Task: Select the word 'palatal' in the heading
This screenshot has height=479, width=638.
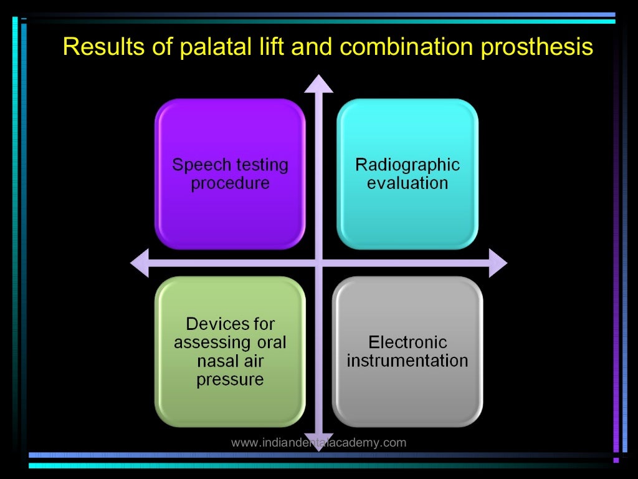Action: (x=198, y=47)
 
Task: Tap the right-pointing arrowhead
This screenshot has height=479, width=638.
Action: (x=498, y=263)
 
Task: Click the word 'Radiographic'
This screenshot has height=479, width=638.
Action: (x=407, y=165)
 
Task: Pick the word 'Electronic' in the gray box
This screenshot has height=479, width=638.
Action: (x=407, y=342)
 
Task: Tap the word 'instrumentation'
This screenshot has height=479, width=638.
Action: (x=407, y=360)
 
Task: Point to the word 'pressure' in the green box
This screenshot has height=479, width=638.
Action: (x=230, y=380)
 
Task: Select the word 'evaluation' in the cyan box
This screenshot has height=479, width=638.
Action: (x=407, y=183)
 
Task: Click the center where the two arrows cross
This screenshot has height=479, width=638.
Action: (x=319, y=263)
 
